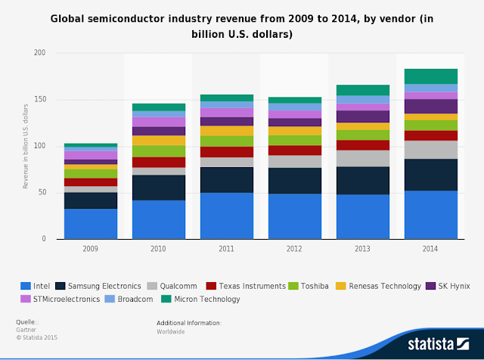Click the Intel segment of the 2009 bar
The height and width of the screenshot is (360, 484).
point(91,224)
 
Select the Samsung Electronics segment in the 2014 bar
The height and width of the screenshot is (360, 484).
point(431,175)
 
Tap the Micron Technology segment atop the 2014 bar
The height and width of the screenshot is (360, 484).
point(431,76)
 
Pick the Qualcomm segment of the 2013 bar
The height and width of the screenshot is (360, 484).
point(363,158)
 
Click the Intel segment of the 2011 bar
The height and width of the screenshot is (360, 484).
point(227,216)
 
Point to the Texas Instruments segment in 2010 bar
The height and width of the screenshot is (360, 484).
point(159,162)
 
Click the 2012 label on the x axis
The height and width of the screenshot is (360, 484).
point(295,247)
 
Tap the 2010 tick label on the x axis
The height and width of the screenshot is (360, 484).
point(159,247)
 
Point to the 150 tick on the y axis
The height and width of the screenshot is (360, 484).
point(40,100)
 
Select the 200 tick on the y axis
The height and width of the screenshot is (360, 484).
point(40,53)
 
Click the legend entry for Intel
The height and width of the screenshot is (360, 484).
point(38,286)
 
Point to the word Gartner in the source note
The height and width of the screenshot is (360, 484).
point(27,331)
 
